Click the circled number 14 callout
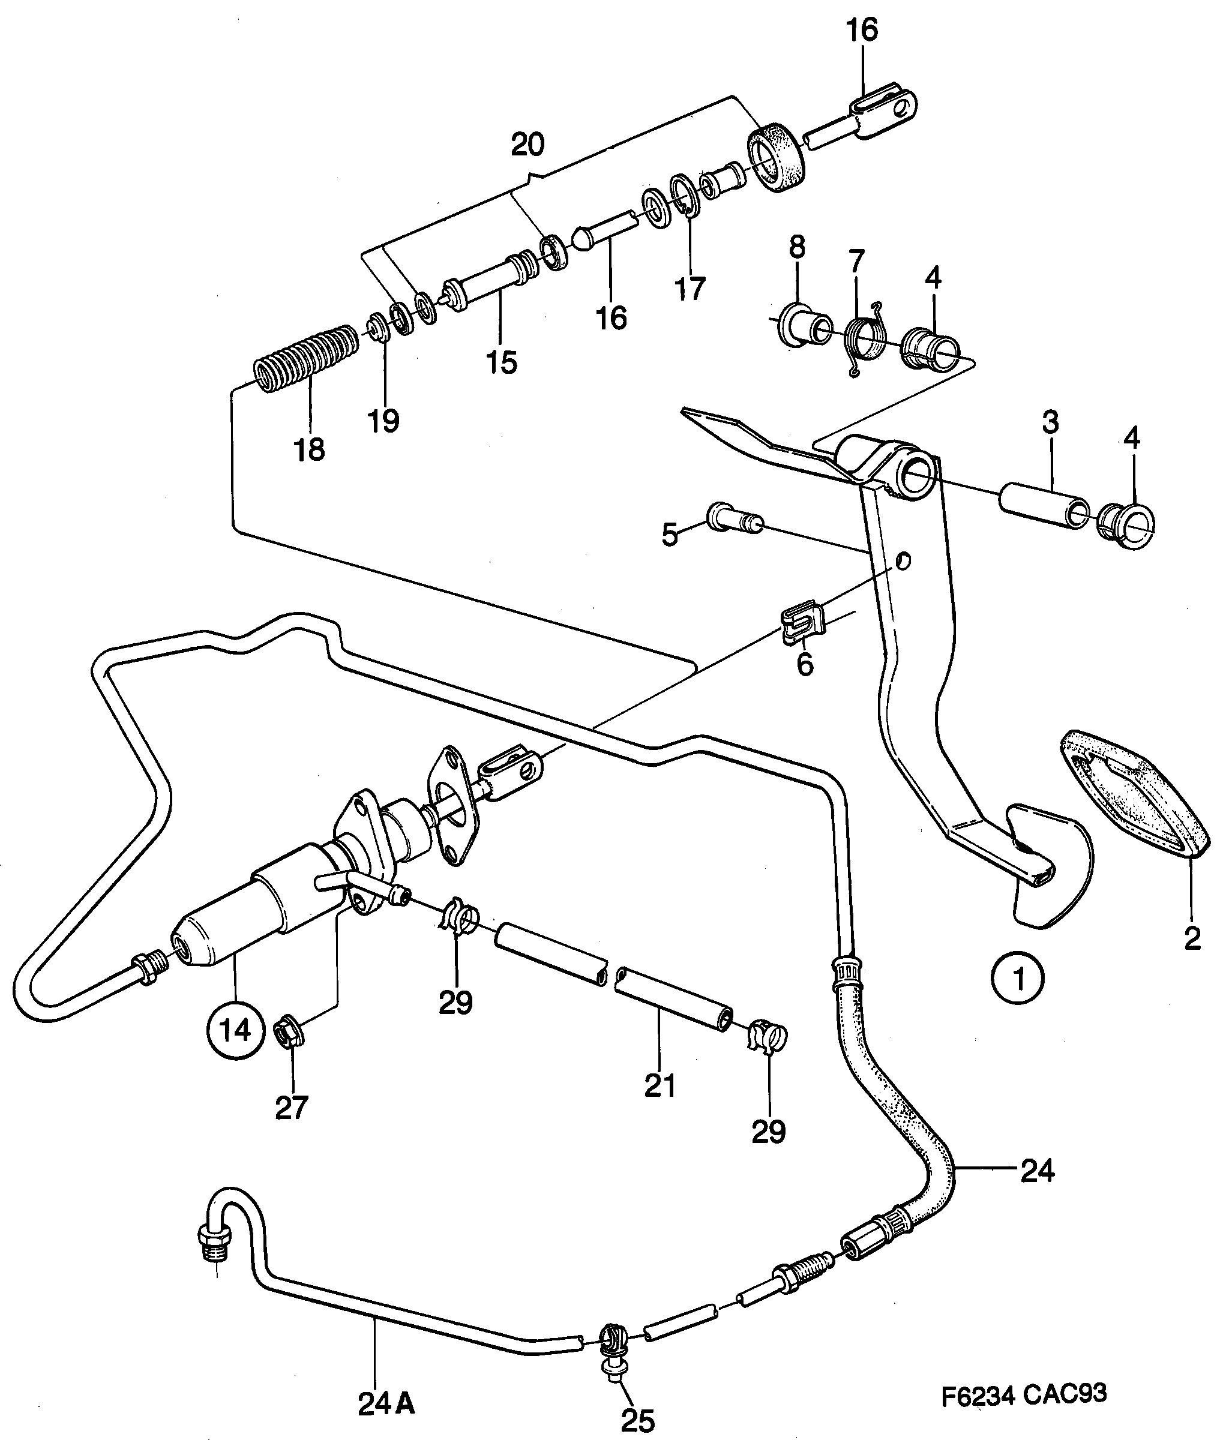pos(236,1029)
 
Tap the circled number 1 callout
pos(1018,979)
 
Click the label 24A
pos(386,1404)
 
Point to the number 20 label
pos(527,145)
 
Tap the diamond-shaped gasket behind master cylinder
pos(452,806)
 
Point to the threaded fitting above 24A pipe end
pos(212,1241)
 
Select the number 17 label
pos(690,288)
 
